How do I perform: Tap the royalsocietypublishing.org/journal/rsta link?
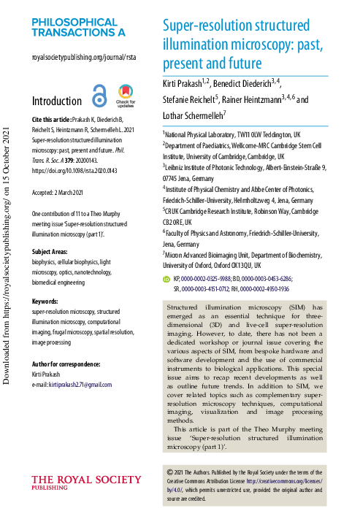coord(84,57)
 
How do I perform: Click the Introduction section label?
coord(57,101)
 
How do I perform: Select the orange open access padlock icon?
coord(99,96)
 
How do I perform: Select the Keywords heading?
coord(47,281)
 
